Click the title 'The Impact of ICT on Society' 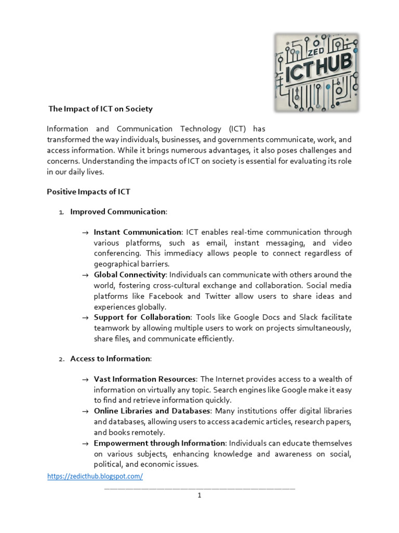pyautogui.click(x=101, y=109)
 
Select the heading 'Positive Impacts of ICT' pyautogui.click(x=88, y=192)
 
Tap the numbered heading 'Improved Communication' pyautogui.click(x=118, y=212)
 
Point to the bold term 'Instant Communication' pyautogui.click(x=137, y=232)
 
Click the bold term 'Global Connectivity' pyautogui.click(x=129, y=274)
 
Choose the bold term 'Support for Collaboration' pyautogui.click(x=142, y=317)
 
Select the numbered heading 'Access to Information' pyautogui.click(x=110, y=359)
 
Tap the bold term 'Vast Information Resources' pyautogui.click(x=145, y=379)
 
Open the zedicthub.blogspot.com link pyautogui.click(x=95, y=476)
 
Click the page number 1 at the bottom pyautogui.click(x=199, y=496)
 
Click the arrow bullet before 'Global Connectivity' pyautogui.click(x=85, y=275)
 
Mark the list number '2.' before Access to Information pyautogui.click(x=61, y=359)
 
